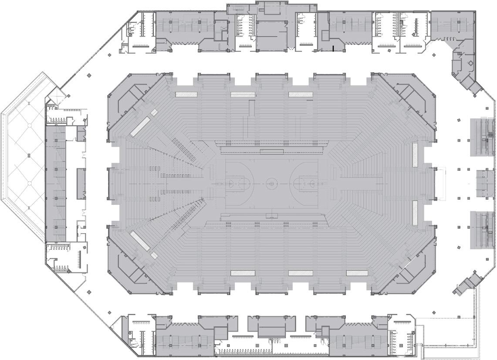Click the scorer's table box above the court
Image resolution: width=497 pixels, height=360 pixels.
click(272, 152)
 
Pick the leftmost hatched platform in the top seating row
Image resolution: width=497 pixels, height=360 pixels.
click(186, 94)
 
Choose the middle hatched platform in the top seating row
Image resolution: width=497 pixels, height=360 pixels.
click(243, 94)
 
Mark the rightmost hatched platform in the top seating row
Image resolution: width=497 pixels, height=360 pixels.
click(301, 94)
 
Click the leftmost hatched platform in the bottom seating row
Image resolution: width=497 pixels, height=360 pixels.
click(243, 273)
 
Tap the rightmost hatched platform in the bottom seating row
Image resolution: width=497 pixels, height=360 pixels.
click(358, 273)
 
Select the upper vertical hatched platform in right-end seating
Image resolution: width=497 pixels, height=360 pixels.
click(415, 154)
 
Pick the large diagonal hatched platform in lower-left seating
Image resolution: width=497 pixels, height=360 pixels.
click(139, 241)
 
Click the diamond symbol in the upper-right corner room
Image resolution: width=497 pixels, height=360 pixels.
click(470, 63)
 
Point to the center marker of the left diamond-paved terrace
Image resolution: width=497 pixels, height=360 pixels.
click(28, 155)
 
